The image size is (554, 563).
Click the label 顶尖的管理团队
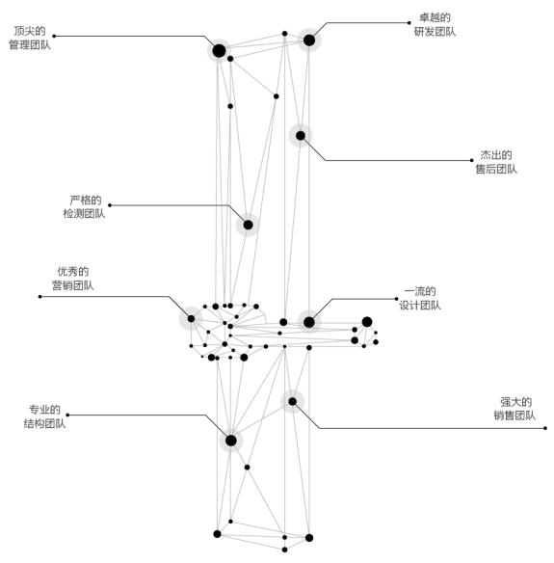(30, 38)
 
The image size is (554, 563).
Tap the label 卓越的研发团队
(435, 24)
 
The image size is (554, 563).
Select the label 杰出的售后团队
(496, 162)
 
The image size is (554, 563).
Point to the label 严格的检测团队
(85, 207)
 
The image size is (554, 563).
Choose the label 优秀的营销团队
(73, 279)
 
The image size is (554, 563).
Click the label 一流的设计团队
(420, 299)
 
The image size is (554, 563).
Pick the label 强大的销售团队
(514, 409)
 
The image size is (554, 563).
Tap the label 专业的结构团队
(45, 416)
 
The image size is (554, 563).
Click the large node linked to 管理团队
(219, 51)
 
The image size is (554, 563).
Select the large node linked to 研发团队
(309, 40)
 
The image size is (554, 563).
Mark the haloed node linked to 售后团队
(301, 136)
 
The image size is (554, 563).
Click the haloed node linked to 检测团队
(248, 225)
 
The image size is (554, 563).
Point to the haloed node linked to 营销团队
(191, 318)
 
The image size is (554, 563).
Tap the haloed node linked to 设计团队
(309, 322)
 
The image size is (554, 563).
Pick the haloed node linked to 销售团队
(293, 401)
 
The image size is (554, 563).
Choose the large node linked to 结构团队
(231, 441)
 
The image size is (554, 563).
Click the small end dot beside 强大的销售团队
(545, 428)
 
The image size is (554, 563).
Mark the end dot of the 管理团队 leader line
(54, 36)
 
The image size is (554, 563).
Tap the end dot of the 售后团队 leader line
(471, 160)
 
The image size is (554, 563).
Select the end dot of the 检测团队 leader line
(110, 205)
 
